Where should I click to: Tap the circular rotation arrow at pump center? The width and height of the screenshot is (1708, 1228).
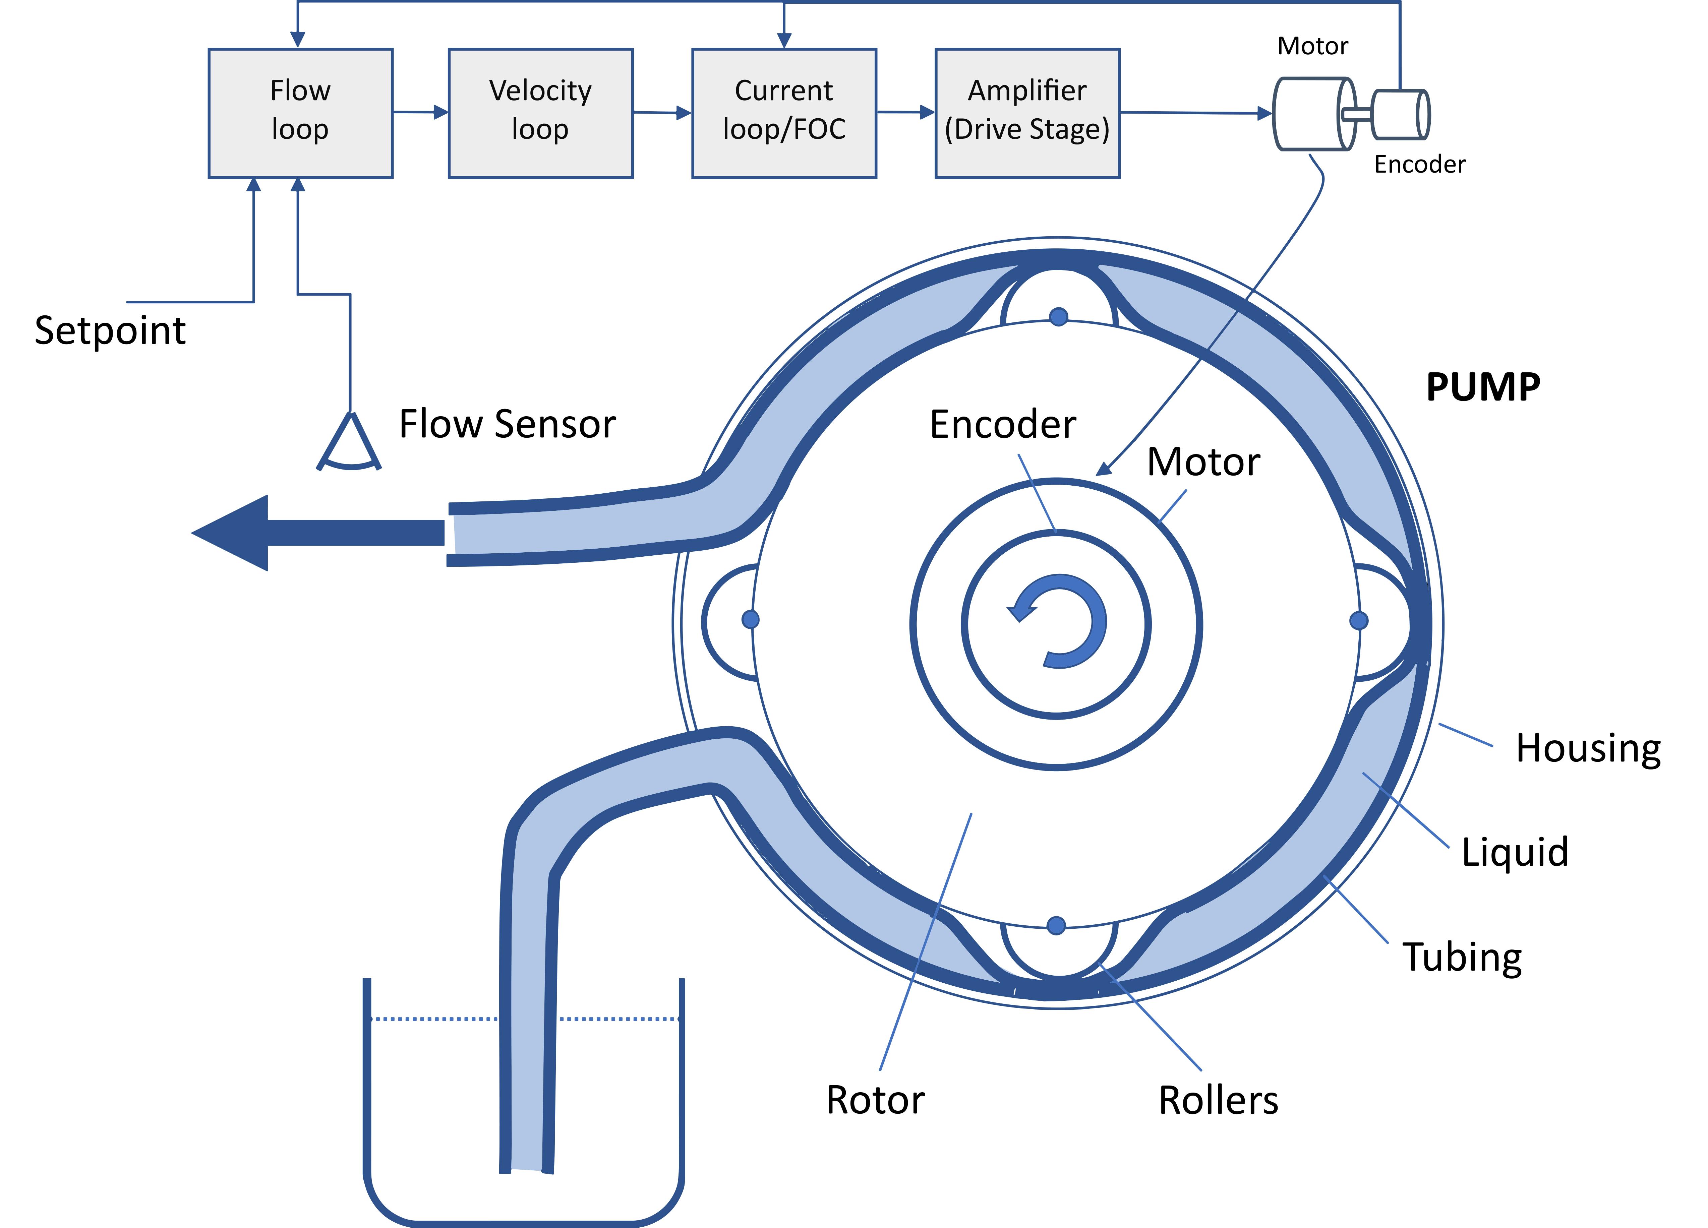[x=1058, y=621]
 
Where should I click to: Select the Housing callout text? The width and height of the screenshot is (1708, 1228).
[x=1588, y=749]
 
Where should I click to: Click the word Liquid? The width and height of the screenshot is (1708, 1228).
[x=1515, y=852]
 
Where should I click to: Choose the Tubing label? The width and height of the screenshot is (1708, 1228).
[x=1462, y=958]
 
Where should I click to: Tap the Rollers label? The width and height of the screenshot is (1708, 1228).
[x=1218, y=1101]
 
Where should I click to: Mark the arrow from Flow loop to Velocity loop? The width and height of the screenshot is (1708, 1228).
[x=420, y=112]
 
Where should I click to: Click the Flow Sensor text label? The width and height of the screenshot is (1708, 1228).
[x=507, y=424]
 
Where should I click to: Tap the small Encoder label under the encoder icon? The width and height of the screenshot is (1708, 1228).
[x=1420, y=164]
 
